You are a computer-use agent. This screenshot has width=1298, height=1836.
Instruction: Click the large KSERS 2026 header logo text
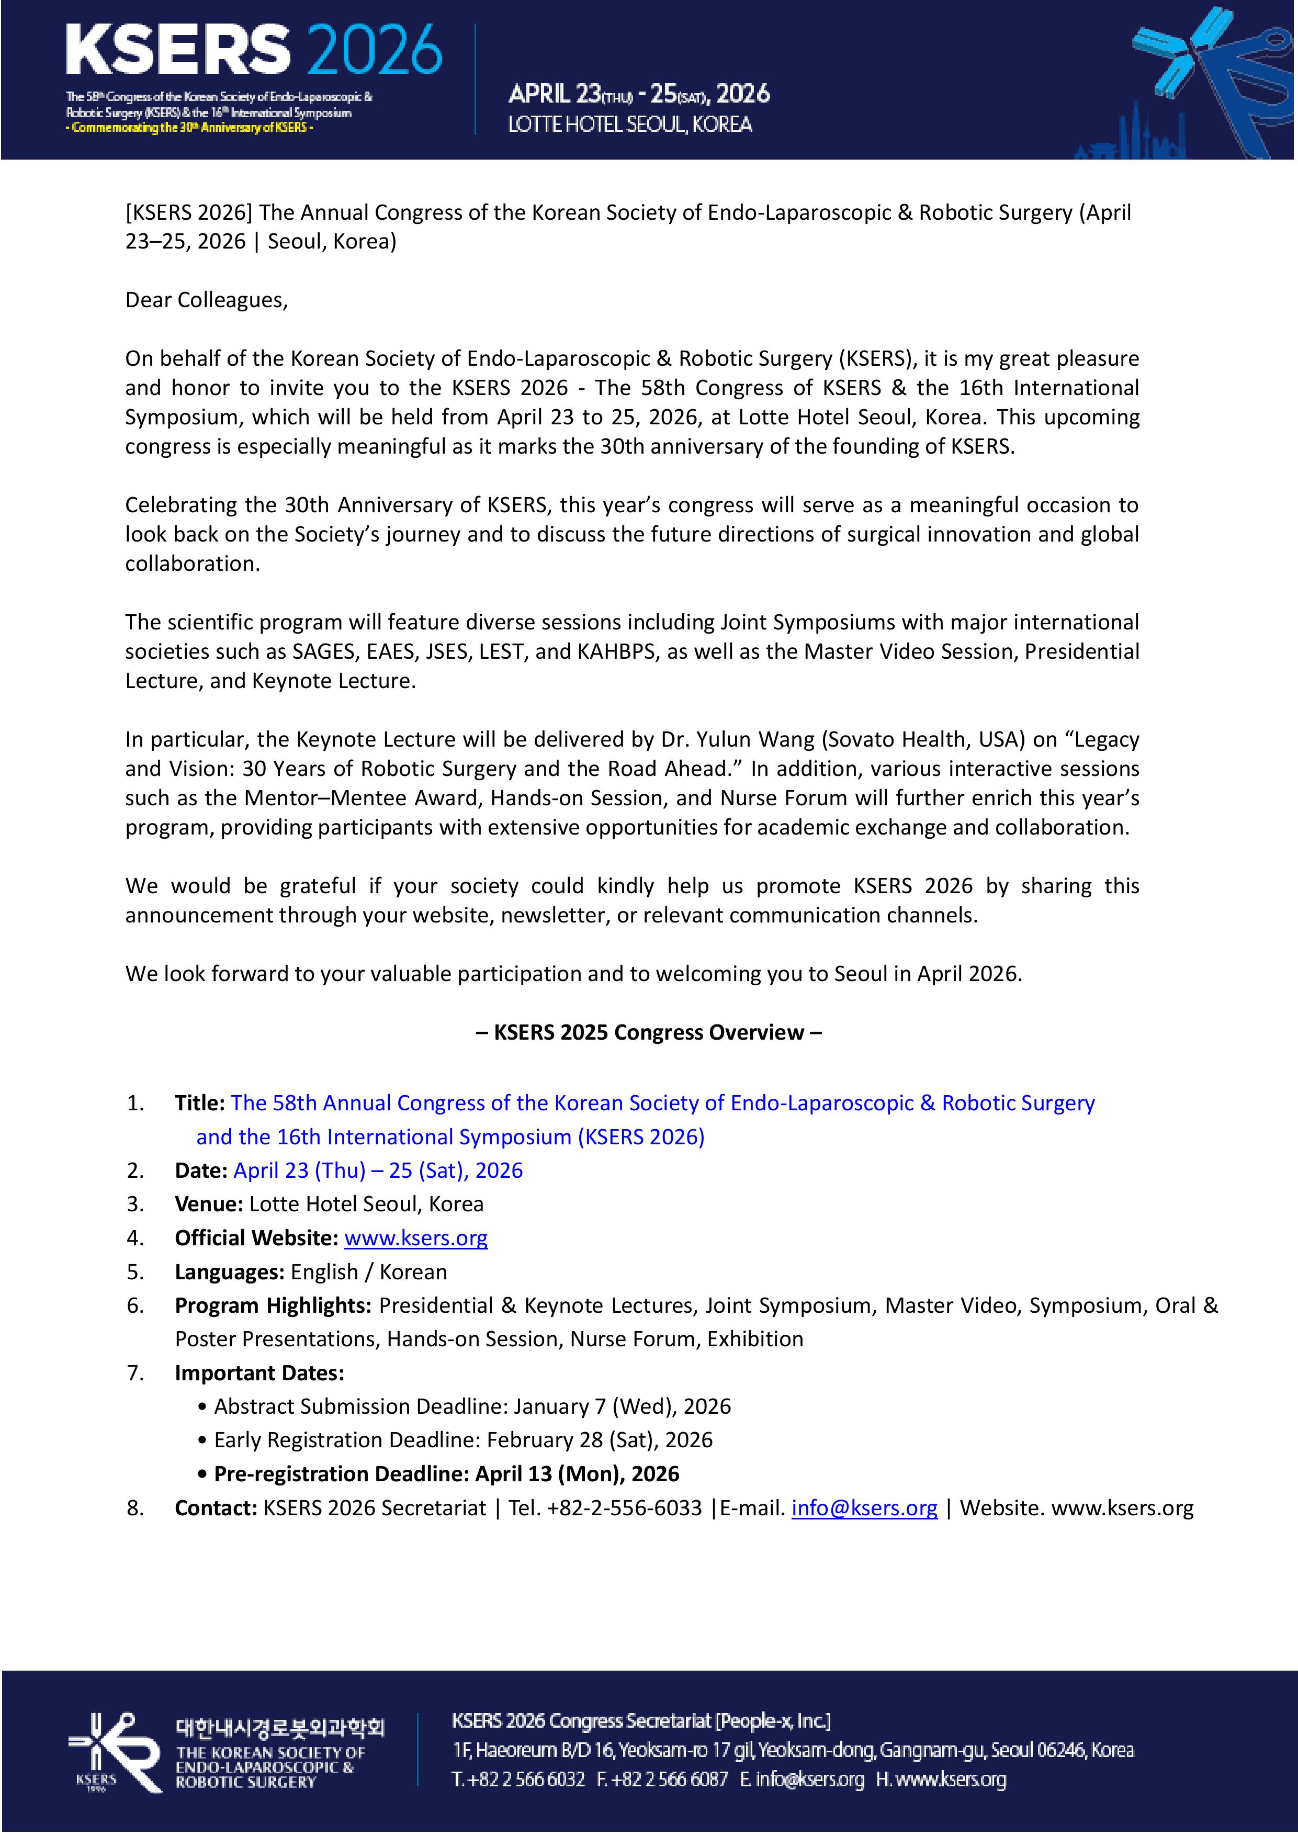[254, 50]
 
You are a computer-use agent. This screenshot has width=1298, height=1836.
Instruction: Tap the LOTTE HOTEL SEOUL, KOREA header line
[630, 125]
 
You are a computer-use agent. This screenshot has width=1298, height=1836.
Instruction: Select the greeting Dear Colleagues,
[206, 300]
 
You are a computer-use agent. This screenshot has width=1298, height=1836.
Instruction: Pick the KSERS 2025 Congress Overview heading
[649, 1032]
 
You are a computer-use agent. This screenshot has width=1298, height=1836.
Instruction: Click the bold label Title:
[200, 1103]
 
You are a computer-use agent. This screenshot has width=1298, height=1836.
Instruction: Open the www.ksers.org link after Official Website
[416, 1238]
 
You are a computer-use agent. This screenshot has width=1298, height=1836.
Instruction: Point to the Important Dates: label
[259, 1373]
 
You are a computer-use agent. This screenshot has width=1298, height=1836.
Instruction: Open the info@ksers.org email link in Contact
[864, 1508]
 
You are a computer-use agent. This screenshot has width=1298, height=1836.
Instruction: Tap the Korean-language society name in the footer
[280, 1728]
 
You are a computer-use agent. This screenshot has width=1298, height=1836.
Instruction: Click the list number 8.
[135, 1508]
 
